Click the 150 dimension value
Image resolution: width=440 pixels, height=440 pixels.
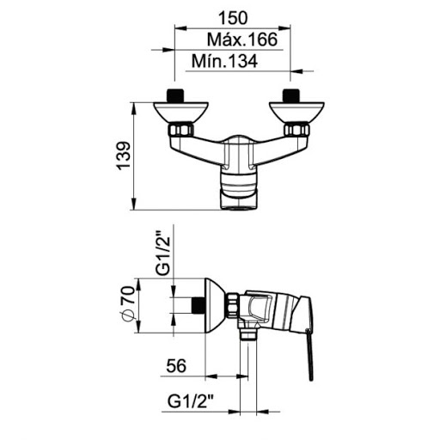(233, 18)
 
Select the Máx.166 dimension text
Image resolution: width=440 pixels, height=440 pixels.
(242, 40)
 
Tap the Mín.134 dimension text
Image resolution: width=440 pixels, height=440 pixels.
(224, 61)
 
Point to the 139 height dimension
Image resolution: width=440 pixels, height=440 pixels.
(124, 156)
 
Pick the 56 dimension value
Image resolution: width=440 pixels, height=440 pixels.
(176, 366)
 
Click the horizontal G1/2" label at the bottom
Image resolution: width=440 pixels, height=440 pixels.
(191, 401)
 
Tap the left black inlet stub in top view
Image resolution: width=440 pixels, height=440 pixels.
(175, 95)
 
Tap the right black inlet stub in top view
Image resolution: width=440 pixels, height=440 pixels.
(291, 95)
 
